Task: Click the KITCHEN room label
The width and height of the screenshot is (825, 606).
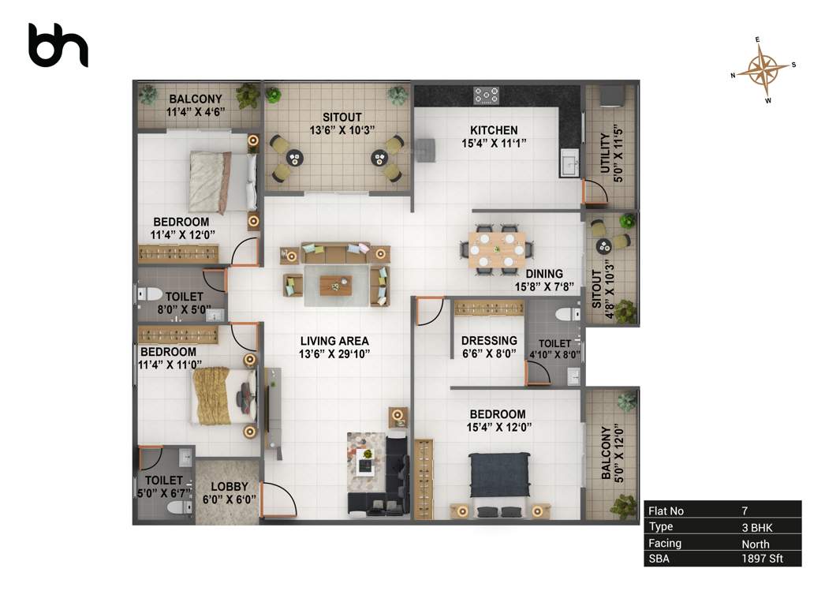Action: coord(494,130)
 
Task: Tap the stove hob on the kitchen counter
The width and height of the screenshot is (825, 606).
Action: coord(486,95)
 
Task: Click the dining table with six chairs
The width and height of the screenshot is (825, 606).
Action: coord(497,250)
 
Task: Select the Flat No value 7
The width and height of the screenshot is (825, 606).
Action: coord(745,511)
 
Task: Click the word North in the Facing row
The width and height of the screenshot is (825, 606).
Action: coord(755,543)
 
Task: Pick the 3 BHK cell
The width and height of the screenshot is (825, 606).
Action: coord(755,526)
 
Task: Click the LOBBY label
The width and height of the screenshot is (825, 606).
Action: coord(230,487)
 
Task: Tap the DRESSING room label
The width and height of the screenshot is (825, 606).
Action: coord(489,341)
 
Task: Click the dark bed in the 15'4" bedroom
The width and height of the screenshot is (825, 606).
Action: coord(500,478)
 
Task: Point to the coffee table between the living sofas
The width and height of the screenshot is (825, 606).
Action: coord(336,284)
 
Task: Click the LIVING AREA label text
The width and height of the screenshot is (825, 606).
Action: coord(334,341)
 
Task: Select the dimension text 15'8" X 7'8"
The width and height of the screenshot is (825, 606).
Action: coord(543,287)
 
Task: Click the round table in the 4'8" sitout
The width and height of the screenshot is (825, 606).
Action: coord(604,245)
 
